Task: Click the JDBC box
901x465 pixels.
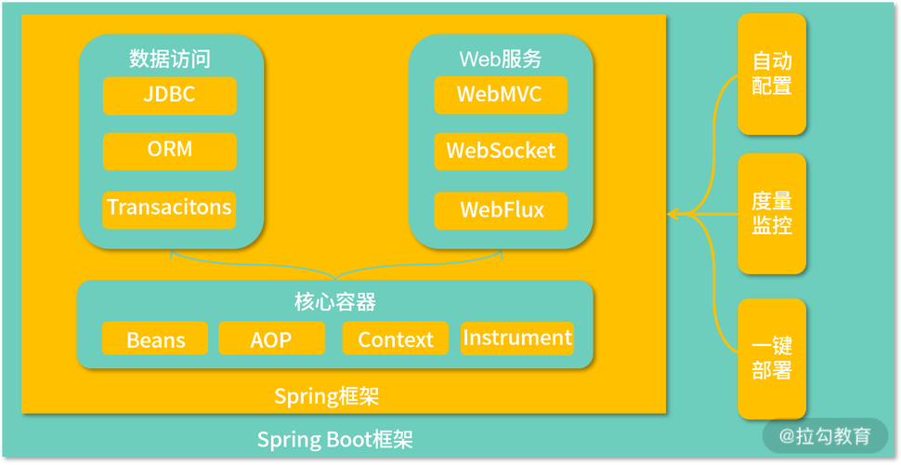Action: pyautogui.click(x=169, y=95)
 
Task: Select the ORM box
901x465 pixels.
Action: pyautogui.click(x=169, y=151)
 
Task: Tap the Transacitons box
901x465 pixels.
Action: pyautogui.click(x=169, y=207)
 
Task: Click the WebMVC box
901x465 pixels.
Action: pyautogui.click(x=500, y=95)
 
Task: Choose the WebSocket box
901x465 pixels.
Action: pyautogui.click(x=500, y=152)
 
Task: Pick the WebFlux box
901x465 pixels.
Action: pyautogui.click(x=500, y=209)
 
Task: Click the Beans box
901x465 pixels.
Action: pyautogui.click(x=155, y=339)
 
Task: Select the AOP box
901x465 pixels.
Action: pyautogui.click(x=271, y=339)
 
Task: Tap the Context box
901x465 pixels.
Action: pyautogui.click(x=395, y=339)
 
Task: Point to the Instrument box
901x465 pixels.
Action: pyautogui.click(x=517, y=338)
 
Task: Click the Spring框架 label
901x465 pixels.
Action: pyautogui.click(x=326, y=397)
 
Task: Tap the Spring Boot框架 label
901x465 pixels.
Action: pyautogui.click(x=334, y=439)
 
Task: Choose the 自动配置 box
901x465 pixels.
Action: pyautogui.click(x=772, y=74)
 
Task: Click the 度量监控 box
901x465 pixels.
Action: pyautogui.click(x=772, y=214)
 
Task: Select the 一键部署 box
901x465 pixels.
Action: pyautogui.click(x=772, y=359)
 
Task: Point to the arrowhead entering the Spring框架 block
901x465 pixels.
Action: pyautogui.click(x=672, y=215)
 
